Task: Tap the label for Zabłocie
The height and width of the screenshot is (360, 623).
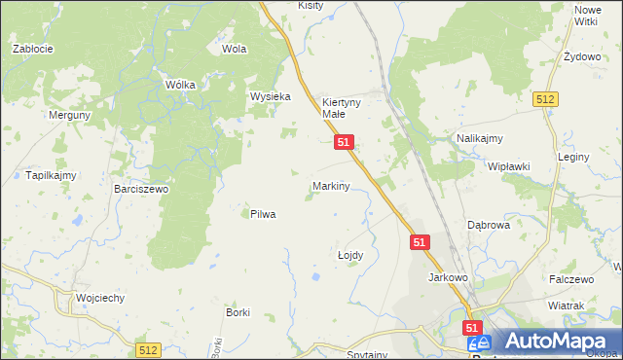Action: [x=32, y=48]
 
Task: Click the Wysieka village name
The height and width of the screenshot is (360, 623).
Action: [x=271, y=96]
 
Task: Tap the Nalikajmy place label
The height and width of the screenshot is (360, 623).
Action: [x=479, y=139]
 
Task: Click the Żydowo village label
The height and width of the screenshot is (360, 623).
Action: [x=582, y=57]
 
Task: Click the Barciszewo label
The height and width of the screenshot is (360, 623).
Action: [x=141, y=189]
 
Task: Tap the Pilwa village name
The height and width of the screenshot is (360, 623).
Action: [x=263, y=214]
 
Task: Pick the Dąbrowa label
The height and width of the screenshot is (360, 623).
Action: [x=489, y=225]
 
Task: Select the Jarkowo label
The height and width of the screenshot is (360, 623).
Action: [x=449, y=277]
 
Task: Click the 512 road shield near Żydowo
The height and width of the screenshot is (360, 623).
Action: [x=545, y=99]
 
